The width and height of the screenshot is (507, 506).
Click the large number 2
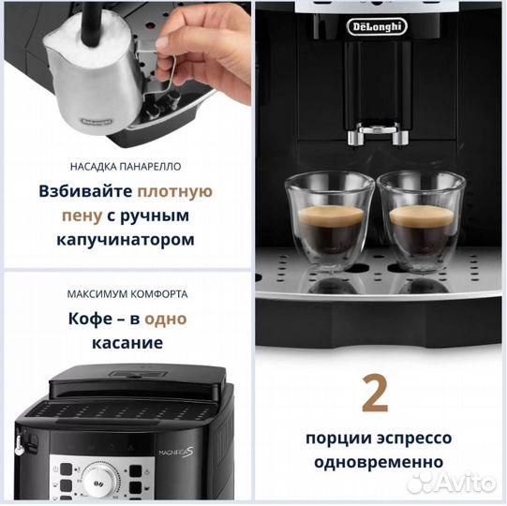(375, 393)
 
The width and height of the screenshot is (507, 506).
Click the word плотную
(175, 191)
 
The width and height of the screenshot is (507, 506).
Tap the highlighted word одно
(166, 319)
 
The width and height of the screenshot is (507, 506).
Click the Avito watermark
(455, 483)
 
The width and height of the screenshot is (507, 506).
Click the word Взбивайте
(86, 191)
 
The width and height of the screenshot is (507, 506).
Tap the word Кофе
(91, 319)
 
